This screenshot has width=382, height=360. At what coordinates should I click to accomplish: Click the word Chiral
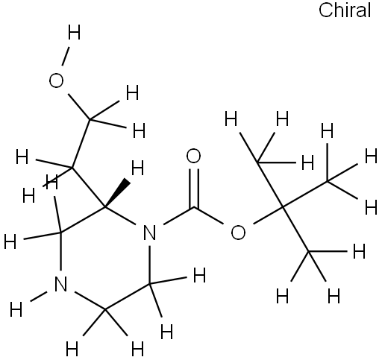[x=345, y=10]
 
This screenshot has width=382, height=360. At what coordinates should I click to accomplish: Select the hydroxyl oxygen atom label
[x=56, y=80]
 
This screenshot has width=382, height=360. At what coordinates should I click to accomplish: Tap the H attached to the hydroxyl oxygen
[x=74, y=33]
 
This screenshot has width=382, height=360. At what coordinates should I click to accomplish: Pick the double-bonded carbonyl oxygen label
[x=193, y=156]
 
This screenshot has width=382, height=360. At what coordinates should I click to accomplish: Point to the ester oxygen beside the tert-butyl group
[x=238, y=233]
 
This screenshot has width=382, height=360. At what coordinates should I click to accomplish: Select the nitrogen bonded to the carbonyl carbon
[x=150, y=233]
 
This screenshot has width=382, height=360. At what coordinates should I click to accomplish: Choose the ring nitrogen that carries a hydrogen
[x=60, y=284]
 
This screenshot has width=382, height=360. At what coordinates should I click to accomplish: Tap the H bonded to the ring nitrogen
[x=16, y=310]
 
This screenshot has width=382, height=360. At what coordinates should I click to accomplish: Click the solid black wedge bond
[x=117, y=193]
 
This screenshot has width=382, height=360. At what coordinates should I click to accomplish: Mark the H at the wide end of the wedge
[x=137, y=168]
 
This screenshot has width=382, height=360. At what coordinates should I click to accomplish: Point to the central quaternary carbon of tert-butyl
[x=283, y=206]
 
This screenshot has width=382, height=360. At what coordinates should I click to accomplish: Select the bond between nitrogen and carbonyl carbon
[x=178, y=215]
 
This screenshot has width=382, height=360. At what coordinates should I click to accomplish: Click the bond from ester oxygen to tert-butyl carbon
[x=268, y=215]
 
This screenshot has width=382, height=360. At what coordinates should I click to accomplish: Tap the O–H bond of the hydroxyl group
[x=65, y=57]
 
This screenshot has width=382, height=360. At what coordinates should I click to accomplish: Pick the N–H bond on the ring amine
[x=39, y=296]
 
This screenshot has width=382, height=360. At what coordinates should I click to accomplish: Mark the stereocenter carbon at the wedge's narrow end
[x=105, y=206]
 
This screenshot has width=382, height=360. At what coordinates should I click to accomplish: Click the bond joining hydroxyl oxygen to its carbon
[x=79, y=107]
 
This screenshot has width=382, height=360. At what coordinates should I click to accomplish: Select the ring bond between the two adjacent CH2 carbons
[x=128, y=297]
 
